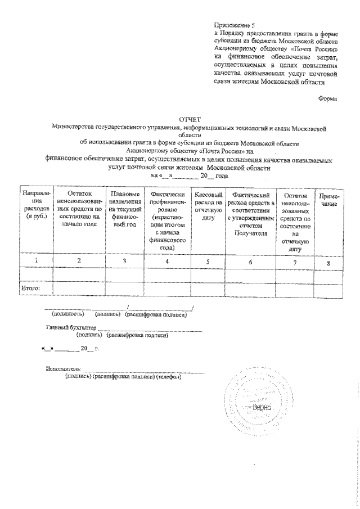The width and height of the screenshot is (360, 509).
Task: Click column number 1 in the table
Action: tap(36, 260)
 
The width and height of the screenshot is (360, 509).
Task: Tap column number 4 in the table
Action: tap(166, 261)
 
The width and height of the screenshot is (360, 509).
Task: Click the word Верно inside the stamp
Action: tap(262, 406)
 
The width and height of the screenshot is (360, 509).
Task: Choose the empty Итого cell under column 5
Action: tap(208, 289)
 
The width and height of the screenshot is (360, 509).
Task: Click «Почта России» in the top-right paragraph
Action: tap(317, 49)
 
